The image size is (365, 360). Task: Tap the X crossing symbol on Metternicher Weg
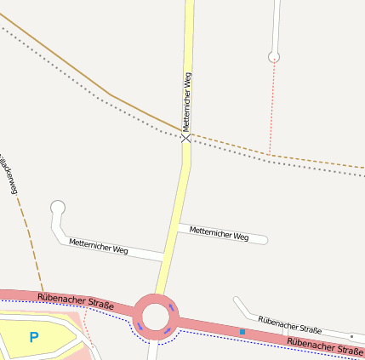pos(185,136)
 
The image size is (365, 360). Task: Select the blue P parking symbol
pos(34,337)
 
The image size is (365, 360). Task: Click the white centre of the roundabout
pos(156,317)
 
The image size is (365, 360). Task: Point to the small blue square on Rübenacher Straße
pos(242,331)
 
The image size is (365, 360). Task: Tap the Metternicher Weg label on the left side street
pos(99,247)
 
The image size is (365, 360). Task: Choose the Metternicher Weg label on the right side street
pos(219,232)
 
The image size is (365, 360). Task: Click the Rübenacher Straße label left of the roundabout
pos(76,300)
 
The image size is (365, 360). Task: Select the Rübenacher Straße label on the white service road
pos(289,323)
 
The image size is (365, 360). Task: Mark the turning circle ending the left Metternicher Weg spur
pos(58,207)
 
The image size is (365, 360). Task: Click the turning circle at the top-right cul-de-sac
pos(274,57)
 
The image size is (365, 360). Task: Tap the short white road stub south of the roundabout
pos(152,350)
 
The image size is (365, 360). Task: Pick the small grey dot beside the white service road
pos(351,336)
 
